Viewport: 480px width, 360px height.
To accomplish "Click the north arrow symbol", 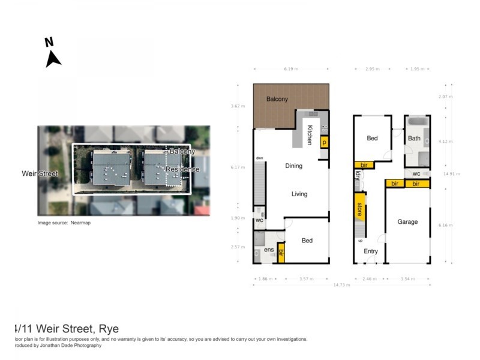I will [53, 58].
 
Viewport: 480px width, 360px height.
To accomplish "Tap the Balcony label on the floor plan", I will [277, 99].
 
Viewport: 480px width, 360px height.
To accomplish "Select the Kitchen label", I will [310, 135].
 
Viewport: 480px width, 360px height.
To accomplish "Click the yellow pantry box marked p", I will [325, 142].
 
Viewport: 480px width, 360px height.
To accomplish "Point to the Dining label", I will [293, 166].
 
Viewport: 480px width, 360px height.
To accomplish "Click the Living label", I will [299, 194].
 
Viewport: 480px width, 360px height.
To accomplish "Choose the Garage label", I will [407, 222].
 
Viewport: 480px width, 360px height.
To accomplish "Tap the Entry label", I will [371, 251].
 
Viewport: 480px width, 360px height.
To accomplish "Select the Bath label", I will [414, 139].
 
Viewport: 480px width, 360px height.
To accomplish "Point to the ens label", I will [269, 250].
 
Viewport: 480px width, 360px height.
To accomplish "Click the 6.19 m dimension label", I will [291, 69].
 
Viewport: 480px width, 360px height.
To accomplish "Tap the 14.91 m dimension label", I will [451, 174].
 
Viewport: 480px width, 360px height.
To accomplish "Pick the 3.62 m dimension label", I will [238, 106].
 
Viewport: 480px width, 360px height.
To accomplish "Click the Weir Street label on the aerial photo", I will [40, 174].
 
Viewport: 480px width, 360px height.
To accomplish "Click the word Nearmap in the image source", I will [81, 223].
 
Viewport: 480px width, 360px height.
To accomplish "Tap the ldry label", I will [358, 176].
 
